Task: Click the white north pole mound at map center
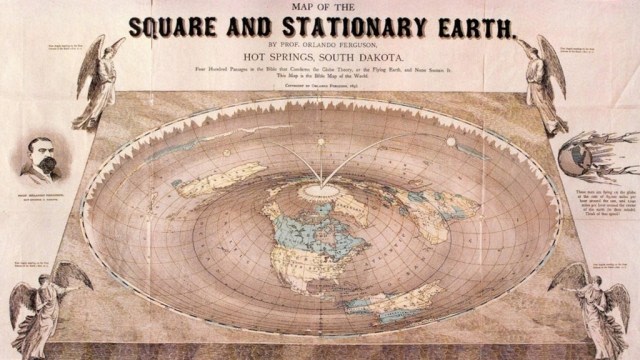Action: point(320,188)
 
